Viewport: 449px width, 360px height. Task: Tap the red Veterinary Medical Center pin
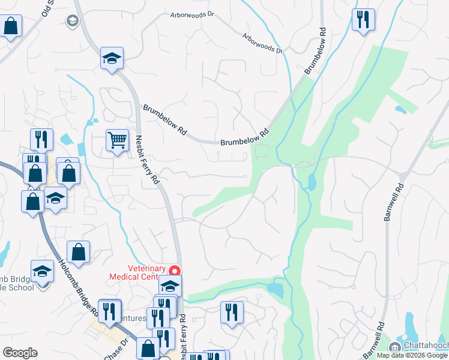(175, 271)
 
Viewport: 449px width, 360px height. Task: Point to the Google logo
(20, 353)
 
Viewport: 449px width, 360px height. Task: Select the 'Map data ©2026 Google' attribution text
(412, 355)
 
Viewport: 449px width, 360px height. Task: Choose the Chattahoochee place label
(426, 346)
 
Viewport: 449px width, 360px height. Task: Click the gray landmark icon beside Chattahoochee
(395, 347)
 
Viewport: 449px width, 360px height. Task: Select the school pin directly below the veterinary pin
(170, 286)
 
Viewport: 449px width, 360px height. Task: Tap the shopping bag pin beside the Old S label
(10, 26)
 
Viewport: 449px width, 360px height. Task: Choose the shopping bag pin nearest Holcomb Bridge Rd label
(78, 253)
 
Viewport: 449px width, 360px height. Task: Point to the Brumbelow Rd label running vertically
(316, 51)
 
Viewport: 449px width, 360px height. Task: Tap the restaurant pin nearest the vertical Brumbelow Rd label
(363, 20)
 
